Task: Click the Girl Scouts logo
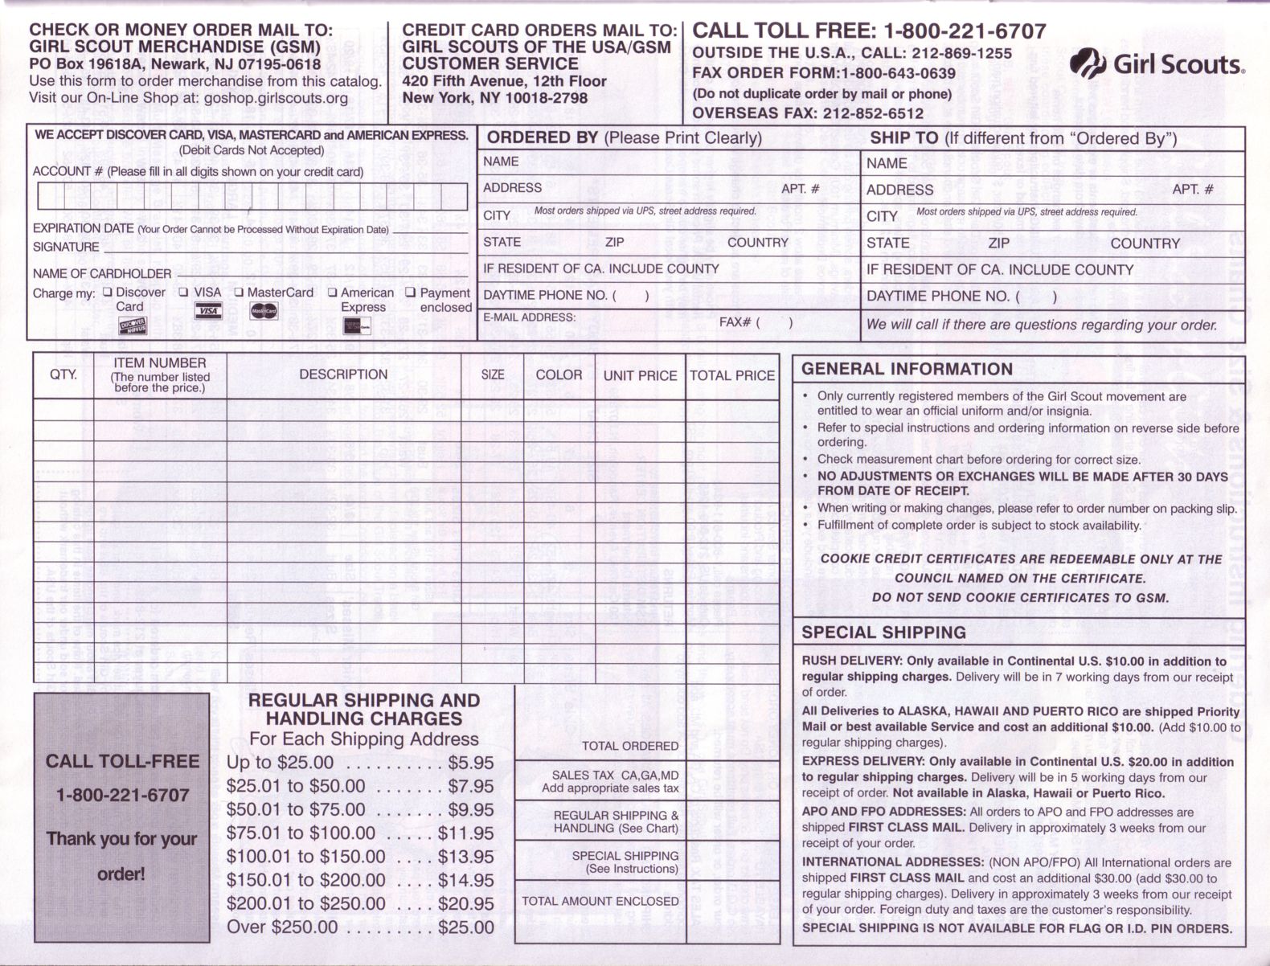coord(1157,63)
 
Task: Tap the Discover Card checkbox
coord(108,293)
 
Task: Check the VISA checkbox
coord(184,293)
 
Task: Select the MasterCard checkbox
coord(239,293)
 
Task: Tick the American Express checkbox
coord(333,293)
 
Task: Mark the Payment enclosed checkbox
coord(411,293)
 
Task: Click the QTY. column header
coord(63,375)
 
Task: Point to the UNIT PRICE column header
coord(640,375)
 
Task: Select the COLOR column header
coord(559,375)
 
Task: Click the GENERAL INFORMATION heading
coord(907,370)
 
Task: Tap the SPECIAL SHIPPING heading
coord(883,632)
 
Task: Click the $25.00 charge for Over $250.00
coord(466,927)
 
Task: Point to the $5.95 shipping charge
coord(471,763)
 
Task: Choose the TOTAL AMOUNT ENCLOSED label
coord(600,902)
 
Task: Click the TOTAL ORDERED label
coord(630,746)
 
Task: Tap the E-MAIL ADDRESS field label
coord(529,317)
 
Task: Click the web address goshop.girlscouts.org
coord(276,98)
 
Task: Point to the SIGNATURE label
coord(66,247)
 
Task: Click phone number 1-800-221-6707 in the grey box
coord(122,796)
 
